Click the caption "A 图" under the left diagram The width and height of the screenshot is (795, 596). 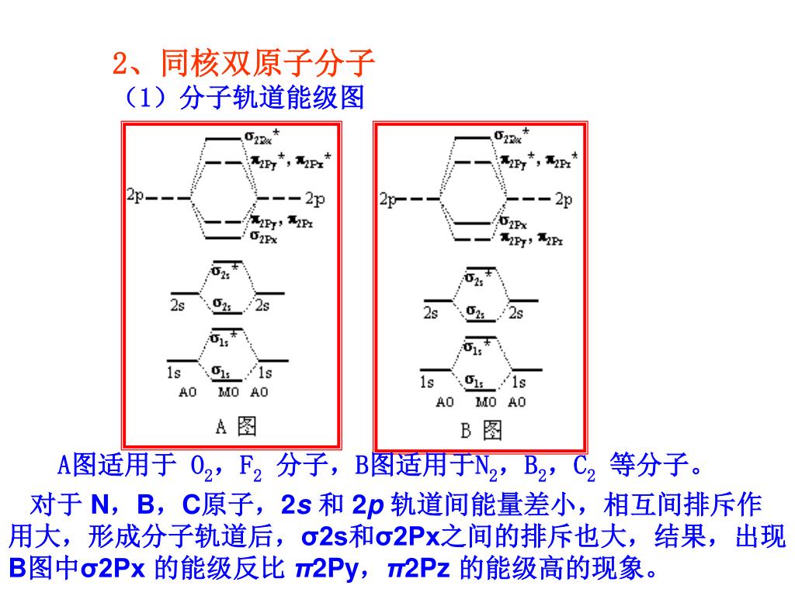234,425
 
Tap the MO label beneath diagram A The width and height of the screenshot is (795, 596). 228,392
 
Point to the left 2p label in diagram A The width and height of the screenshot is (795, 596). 135,196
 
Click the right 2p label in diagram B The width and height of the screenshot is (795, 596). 564,199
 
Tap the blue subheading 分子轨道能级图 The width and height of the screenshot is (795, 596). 272,99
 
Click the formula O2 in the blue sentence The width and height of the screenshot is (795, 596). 201,468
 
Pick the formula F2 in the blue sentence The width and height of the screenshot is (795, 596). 250,468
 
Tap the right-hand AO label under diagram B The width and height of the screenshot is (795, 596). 517,402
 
